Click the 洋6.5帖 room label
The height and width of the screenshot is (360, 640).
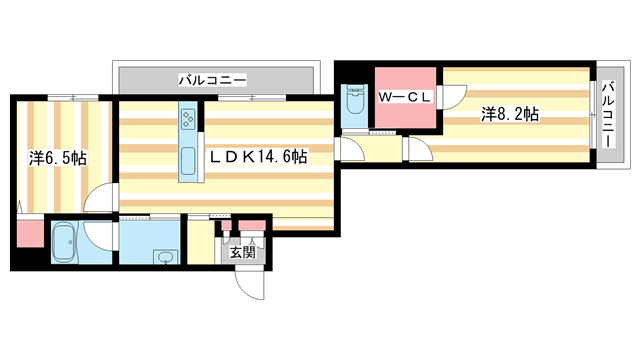click(57, 158)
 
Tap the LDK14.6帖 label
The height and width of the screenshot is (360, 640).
click(257, 157)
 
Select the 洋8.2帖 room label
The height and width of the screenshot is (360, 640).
click(510, 115)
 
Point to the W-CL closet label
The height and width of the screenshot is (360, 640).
click(404, 98)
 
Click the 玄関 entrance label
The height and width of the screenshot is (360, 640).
click(243, 252)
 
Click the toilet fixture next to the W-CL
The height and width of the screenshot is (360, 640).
click(353, 104)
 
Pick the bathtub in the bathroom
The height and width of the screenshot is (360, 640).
click(64, 242)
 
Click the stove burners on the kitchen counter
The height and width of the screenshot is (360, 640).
click(188, 121)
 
